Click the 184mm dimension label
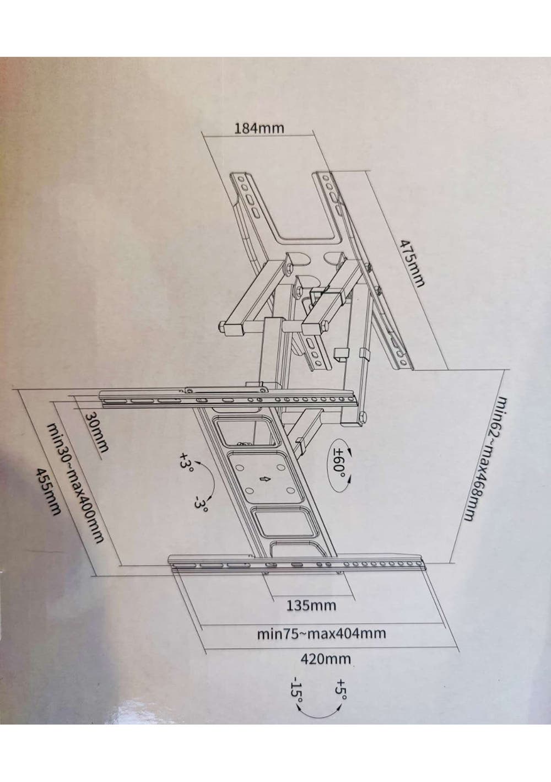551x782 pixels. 259,128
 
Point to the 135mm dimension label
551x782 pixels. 311,605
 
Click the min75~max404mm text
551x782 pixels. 321,633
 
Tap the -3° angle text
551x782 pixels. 202,504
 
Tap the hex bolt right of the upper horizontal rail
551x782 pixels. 363,417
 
